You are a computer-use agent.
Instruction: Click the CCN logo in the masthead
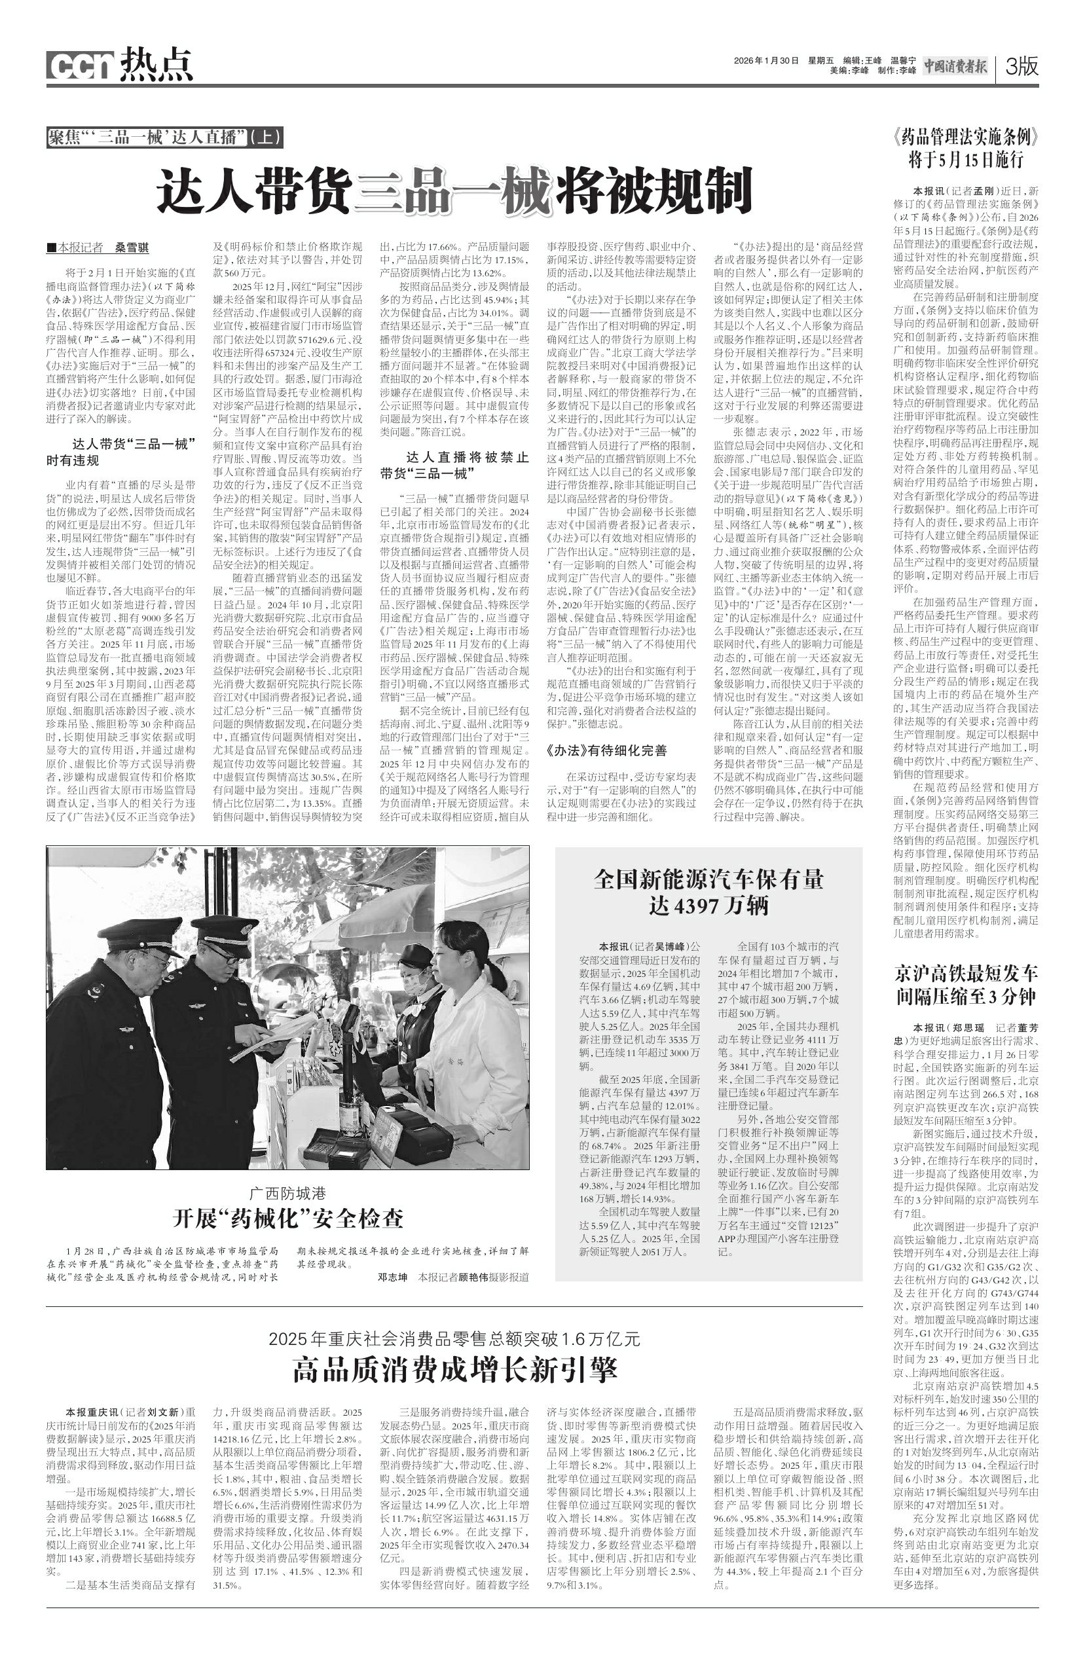80,65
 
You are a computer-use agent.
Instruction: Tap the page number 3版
1021,67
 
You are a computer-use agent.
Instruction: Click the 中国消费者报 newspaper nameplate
954,67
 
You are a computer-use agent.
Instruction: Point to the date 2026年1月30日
766,60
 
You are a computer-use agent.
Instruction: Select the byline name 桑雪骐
132,248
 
